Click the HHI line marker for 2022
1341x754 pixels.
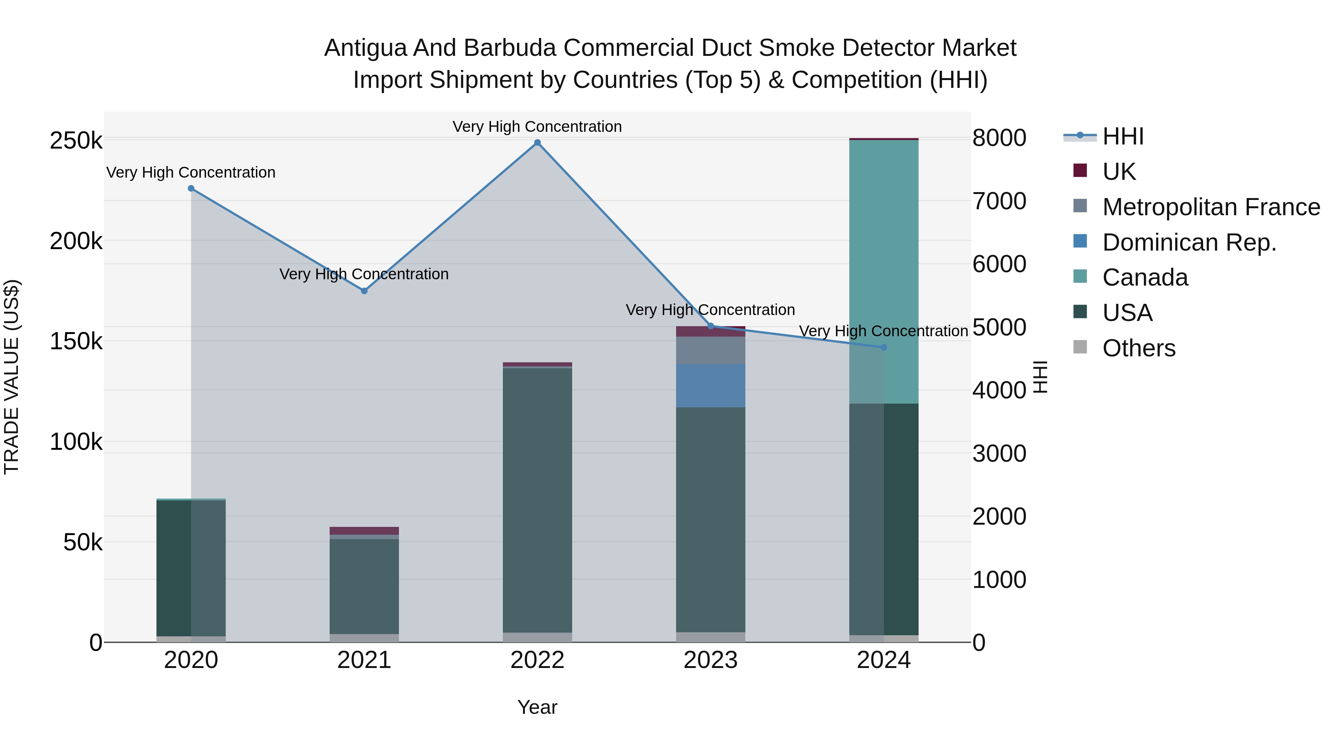[537, 143]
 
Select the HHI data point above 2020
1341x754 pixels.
[191, 188]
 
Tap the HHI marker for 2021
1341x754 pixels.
[364, 291]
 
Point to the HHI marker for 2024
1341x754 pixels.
[884, 347]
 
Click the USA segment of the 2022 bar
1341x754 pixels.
[537, 500]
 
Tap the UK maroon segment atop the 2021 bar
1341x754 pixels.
[364, 531]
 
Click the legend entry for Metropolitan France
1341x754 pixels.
[1211, 207]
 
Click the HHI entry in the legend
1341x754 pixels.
[1123, 136]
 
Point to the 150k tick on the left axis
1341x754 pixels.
[76, 342]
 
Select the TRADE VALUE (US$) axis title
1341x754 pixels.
[12, 377]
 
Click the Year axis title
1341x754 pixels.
[537, 707]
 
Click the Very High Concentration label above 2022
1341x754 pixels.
[537, 127]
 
